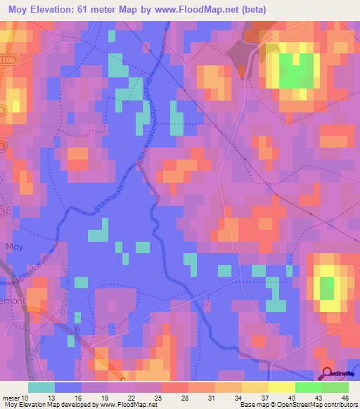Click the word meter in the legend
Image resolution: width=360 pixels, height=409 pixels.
[12, 398]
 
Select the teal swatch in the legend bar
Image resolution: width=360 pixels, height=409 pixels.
[41, 387]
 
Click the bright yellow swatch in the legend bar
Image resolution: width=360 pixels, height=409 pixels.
[281, 387]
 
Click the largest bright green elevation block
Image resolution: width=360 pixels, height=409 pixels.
[296, 70]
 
